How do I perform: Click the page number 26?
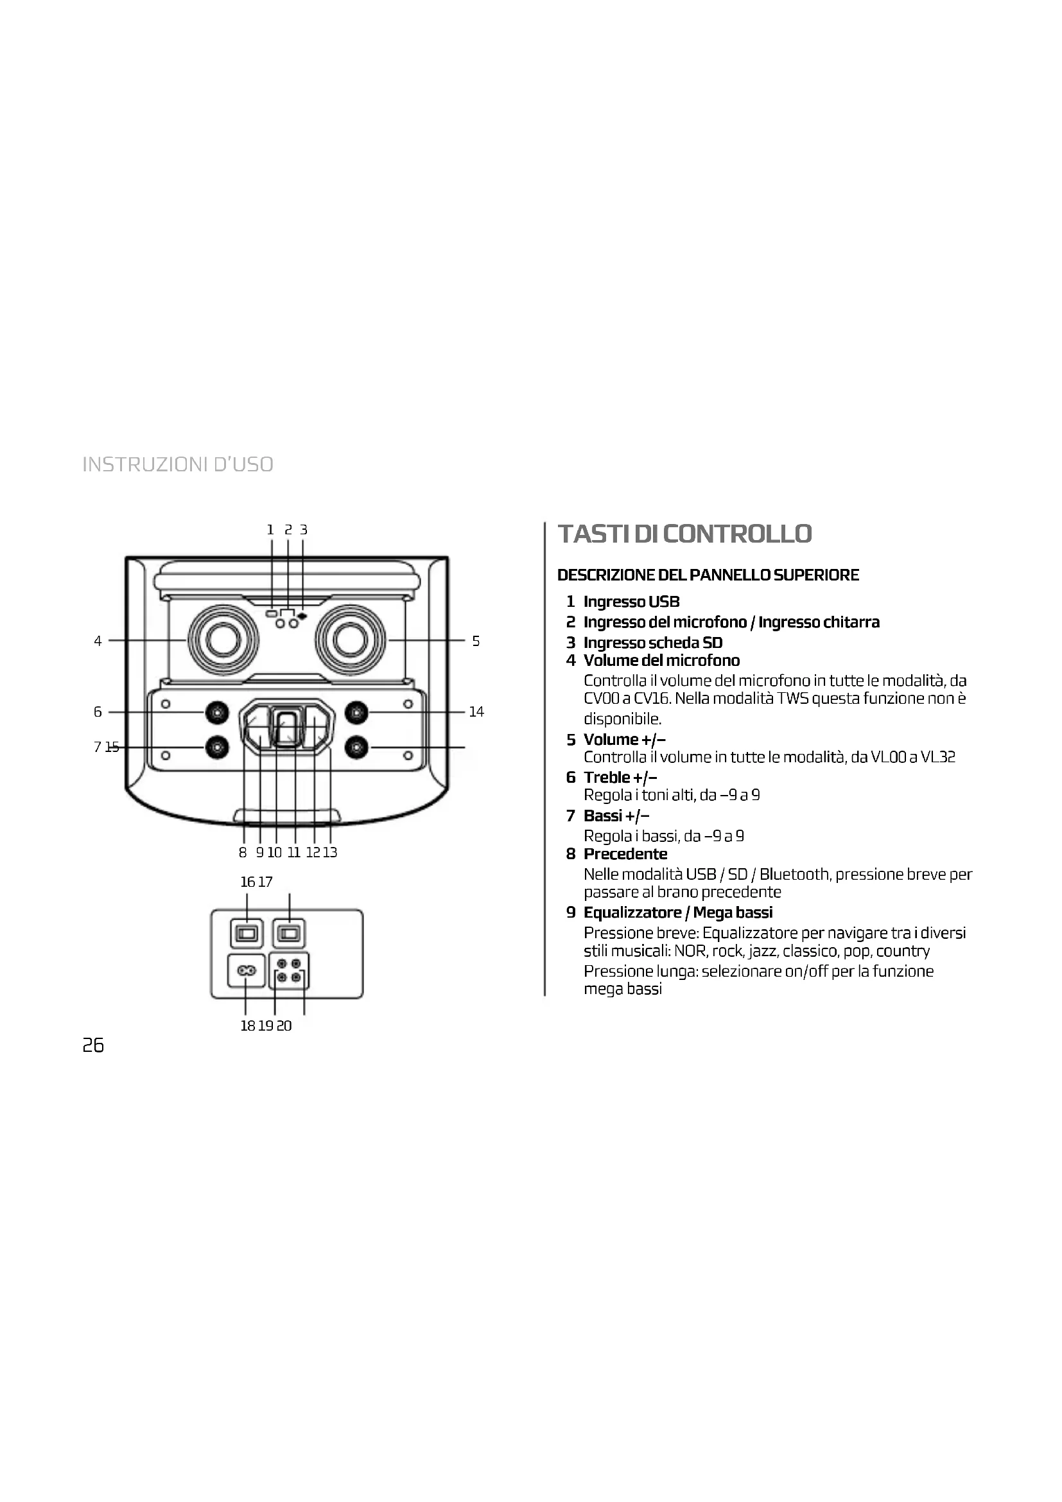point(93,1045)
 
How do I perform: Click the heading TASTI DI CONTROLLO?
point(684,534)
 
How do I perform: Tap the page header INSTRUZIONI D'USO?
point(178,464)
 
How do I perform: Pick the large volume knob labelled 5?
point(349,640)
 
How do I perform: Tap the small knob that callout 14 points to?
point(356,712)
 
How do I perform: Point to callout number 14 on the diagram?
point(476,712)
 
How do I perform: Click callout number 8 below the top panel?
point(243,852)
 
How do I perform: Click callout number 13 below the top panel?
point(330,852)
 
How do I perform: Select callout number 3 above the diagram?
point(304,530)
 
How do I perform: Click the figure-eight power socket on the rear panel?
point(246,972)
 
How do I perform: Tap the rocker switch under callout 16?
point(247,934)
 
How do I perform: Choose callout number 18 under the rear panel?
point(247,1026)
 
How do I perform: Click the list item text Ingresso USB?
point(631,602)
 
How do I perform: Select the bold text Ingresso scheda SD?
point(652,642)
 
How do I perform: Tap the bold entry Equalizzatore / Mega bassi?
point(677,913)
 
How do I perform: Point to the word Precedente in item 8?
point(625,853)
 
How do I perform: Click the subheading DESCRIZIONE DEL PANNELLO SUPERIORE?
point(708,575)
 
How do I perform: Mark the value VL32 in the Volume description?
point(937,757)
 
